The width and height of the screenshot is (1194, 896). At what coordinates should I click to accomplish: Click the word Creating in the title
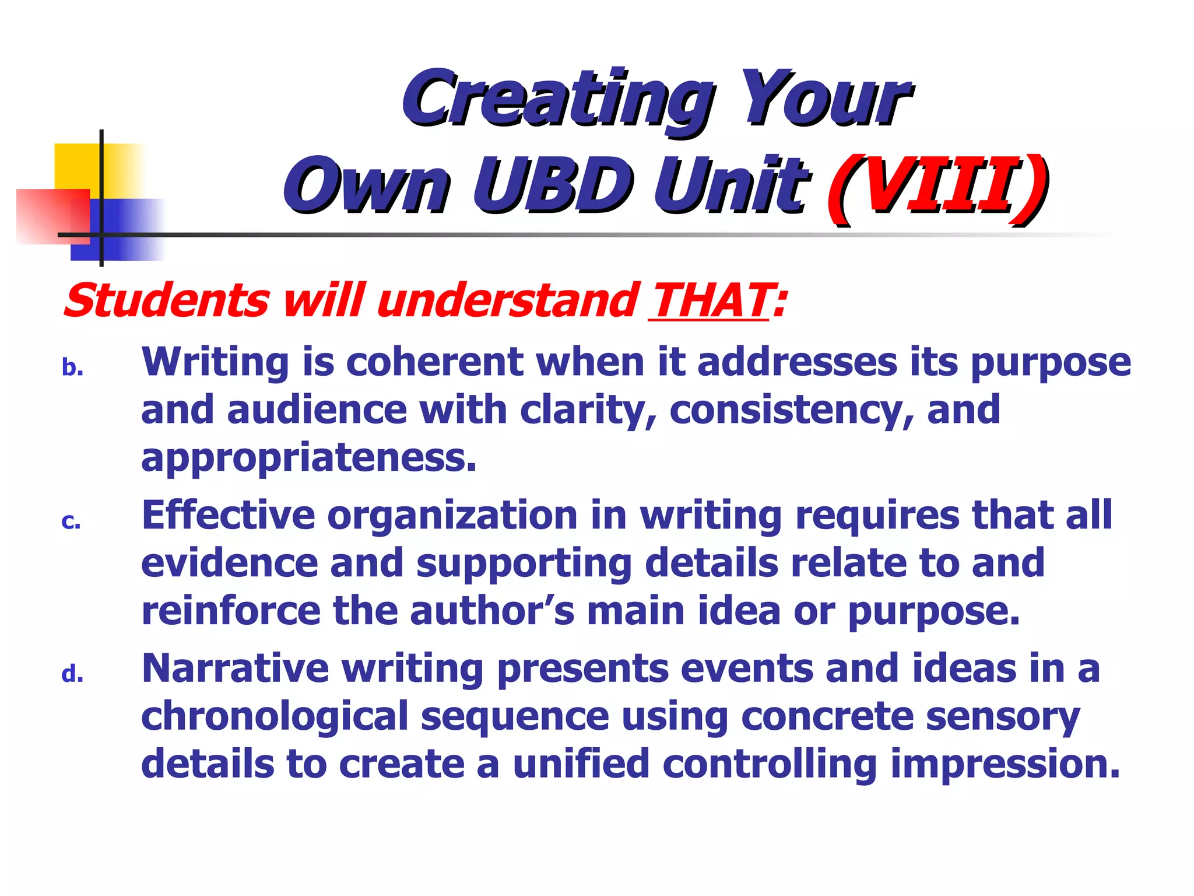click(x=557, y=99)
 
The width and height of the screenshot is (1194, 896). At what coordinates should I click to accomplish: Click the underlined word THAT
click(x=710, y=301)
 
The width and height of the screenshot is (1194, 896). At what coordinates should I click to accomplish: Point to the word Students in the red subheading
click(x=167, y=301)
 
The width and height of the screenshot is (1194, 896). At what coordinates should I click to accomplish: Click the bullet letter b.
click(x=72, y=368)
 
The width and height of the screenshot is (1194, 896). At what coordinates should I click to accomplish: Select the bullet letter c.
click(x=71, y=521)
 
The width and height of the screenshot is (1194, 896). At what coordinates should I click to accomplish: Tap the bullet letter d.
click(x=72, y=674)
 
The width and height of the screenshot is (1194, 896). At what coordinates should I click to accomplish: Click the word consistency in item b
click(x=784, y=410)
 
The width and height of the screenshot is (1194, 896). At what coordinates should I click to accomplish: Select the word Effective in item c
click(x=228, y=515)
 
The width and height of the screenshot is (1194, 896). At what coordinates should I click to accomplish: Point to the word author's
click(x=491, y=611)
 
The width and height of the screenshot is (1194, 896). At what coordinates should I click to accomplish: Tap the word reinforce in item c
click(x=231, y=611)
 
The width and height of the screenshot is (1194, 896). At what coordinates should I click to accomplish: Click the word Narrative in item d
click(x=235, y=668)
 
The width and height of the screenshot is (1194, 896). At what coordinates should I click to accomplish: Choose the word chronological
click(x=275, y=717)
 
